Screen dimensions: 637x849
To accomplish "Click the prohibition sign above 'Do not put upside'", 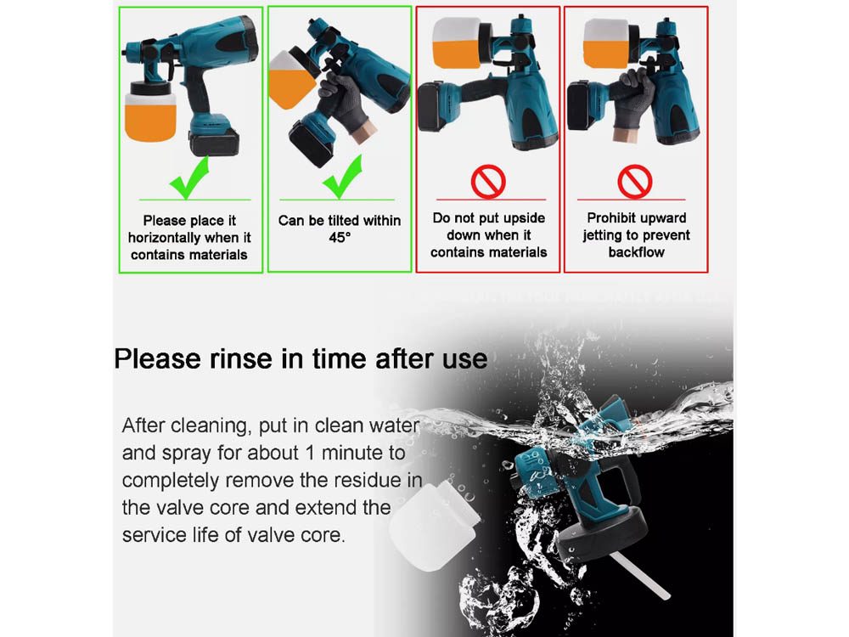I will pyautogui.click(x=488, y=181).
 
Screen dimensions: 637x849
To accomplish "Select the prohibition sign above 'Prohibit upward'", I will pyautogui.click(x=634, y=181).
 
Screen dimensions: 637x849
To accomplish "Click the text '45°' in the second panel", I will pyautogui.click(x=340, y=238).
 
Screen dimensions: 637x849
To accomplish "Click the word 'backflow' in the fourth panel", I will pyautogui.click(x=636, y=252).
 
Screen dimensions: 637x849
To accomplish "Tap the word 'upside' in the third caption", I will pyautogui.click(x=523, y=219).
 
